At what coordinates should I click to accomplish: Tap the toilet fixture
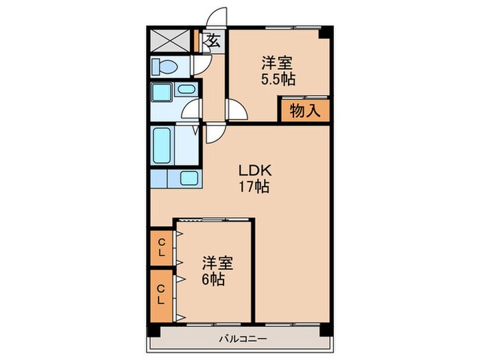pos(165,66)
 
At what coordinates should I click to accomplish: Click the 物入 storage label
pos(304,111)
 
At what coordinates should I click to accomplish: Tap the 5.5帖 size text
pos(278,79)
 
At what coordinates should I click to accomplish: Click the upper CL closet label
pos(161,248)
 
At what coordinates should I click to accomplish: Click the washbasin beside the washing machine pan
pos(185,88)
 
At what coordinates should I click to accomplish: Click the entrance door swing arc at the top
pos(217,16)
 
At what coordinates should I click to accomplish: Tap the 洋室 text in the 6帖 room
pos(217,263)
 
